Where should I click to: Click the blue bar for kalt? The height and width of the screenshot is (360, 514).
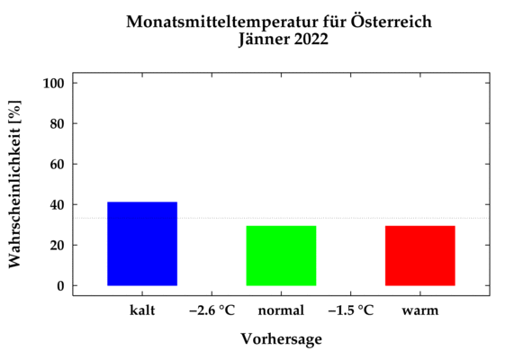click(142, 244)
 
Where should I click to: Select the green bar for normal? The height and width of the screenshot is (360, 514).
click(281, 256)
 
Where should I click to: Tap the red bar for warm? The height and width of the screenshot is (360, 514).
click(419, 256)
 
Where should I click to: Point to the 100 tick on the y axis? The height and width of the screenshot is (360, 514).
click(54, 83)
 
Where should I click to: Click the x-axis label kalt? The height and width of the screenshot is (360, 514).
click(142, 310)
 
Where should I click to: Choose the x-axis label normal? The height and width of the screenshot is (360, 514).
click(281, 310)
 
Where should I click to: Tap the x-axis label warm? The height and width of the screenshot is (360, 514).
click(420, 310)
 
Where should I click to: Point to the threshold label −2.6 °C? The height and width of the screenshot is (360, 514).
click(212, 310)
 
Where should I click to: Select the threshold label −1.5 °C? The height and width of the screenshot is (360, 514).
click(350, 310)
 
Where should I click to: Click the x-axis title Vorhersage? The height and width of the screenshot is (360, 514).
click(281, 339)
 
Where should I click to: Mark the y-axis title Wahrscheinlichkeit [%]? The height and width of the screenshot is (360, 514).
click(15, 184)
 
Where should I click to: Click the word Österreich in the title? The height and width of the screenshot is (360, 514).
click(392, 21)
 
